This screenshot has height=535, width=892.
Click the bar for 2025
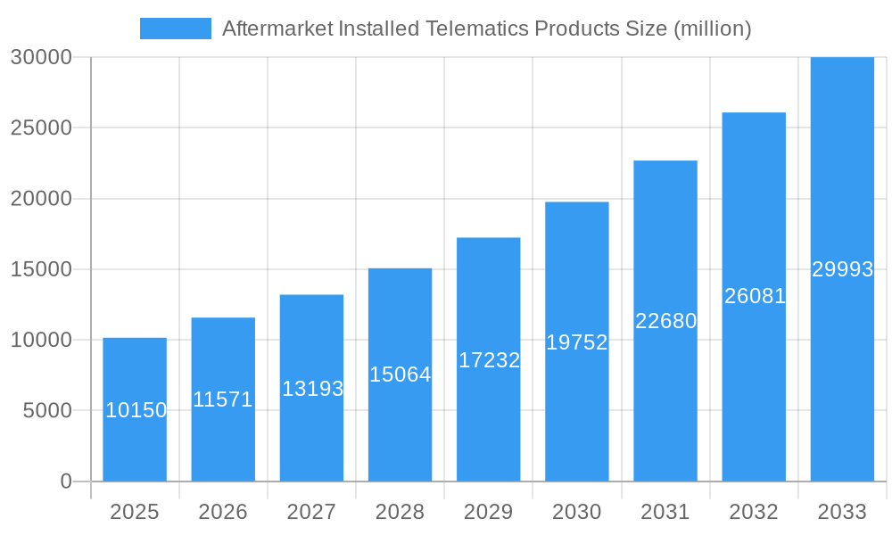coord(135,374)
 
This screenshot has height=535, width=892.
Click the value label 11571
coord(223,399)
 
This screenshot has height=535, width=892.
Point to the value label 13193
coord(312,389)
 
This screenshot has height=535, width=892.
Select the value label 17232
coord(489,360)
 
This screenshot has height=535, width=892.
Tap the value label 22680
coord(665,321)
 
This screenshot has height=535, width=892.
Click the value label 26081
coord(755,296)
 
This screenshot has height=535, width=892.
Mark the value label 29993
coord(842,269)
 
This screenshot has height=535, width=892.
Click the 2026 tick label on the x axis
coord(223,512)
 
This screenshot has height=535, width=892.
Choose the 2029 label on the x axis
coord(489,512)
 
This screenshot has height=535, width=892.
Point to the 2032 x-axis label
coord(754,512)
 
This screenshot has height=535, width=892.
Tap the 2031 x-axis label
coord(665,512)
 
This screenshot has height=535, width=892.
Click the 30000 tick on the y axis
coord(40,57)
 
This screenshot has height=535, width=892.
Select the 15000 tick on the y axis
coord(40,269)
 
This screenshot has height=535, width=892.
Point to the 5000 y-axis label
coord(46,411)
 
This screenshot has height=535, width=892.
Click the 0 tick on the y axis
coord(66,481)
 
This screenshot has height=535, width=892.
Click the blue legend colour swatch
coord(176,29)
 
